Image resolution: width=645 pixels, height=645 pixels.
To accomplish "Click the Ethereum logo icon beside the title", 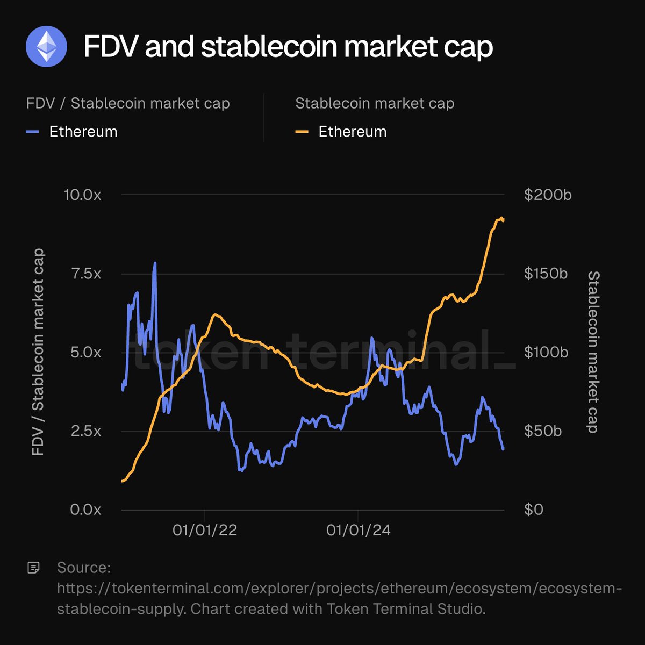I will point(46,46).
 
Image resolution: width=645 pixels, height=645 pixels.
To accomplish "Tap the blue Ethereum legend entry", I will point(71,132).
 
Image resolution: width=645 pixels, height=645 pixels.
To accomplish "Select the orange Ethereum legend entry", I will point(341,132).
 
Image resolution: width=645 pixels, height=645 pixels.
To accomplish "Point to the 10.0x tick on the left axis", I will point(82,195).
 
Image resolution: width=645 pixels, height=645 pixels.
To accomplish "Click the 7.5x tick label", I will point(86,274).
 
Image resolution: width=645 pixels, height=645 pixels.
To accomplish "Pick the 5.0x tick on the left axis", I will point(85,353).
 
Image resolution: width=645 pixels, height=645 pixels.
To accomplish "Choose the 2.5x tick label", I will point(85,431).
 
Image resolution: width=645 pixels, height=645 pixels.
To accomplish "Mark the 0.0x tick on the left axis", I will point(85,510).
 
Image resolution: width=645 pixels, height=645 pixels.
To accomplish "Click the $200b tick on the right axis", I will point(548,195).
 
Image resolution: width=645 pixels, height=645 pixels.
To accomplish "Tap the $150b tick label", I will point(546,274).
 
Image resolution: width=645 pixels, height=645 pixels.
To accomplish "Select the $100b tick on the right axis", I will point(546,353).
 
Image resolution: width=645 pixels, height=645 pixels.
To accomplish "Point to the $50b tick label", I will point(543,431).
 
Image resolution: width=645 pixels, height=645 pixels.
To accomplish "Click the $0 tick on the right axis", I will point(534,510).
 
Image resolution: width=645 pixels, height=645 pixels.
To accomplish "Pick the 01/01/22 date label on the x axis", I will point(205,531).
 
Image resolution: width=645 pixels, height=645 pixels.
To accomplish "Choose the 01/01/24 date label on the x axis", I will point(359,531).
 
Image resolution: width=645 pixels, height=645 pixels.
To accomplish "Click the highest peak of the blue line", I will point(155,263).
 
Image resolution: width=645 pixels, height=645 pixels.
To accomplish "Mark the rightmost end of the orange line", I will point(503,219).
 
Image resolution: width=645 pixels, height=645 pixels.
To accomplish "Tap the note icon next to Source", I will point(33,568).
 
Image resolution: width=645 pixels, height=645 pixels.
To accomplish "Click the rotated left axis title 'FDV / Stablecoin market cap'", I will point(38,352).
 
